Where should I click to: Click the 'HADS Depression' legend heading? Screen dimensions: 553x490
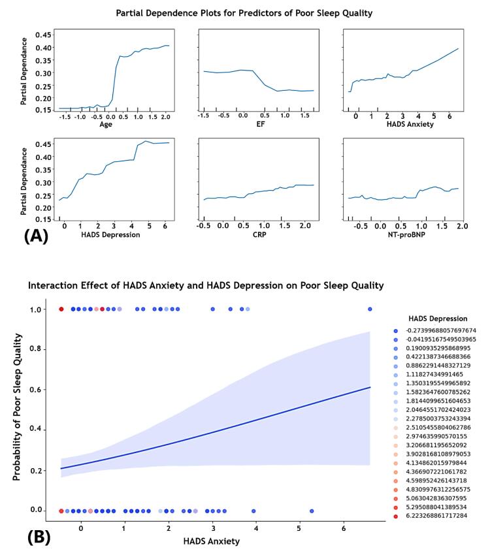(438, 319)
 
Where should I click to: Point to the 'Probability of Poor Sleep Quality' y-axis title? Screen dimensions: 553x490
(18, 407)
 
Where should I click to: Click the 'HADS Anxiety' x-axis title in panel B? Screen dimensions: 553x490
(212, 541)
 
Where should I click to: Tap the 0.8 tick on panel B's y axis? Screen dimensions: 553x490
(41, 349)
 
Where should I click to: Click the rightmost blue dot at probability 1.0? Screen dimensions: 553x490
(370, 309)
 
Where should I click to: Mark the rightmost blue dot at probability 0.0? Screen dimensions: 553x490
(312, 511)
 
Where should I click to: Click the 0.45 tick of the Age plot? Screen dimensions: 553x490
(41, 34)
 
